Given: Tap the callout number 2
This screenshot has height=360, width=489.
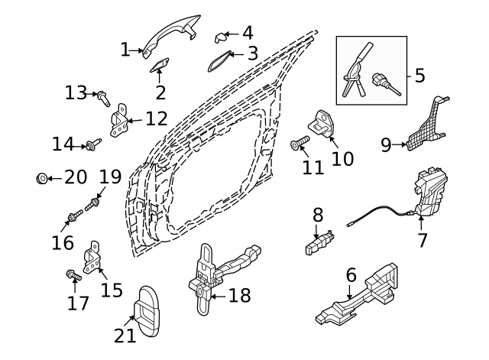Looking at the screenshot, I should tap(160, 93).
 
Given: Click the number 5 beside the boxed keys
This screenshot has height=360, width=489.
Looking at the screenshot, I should tap(419, 76).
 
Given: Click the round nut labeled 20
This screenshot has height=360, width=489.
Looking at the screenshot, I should tap(42, 179).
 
